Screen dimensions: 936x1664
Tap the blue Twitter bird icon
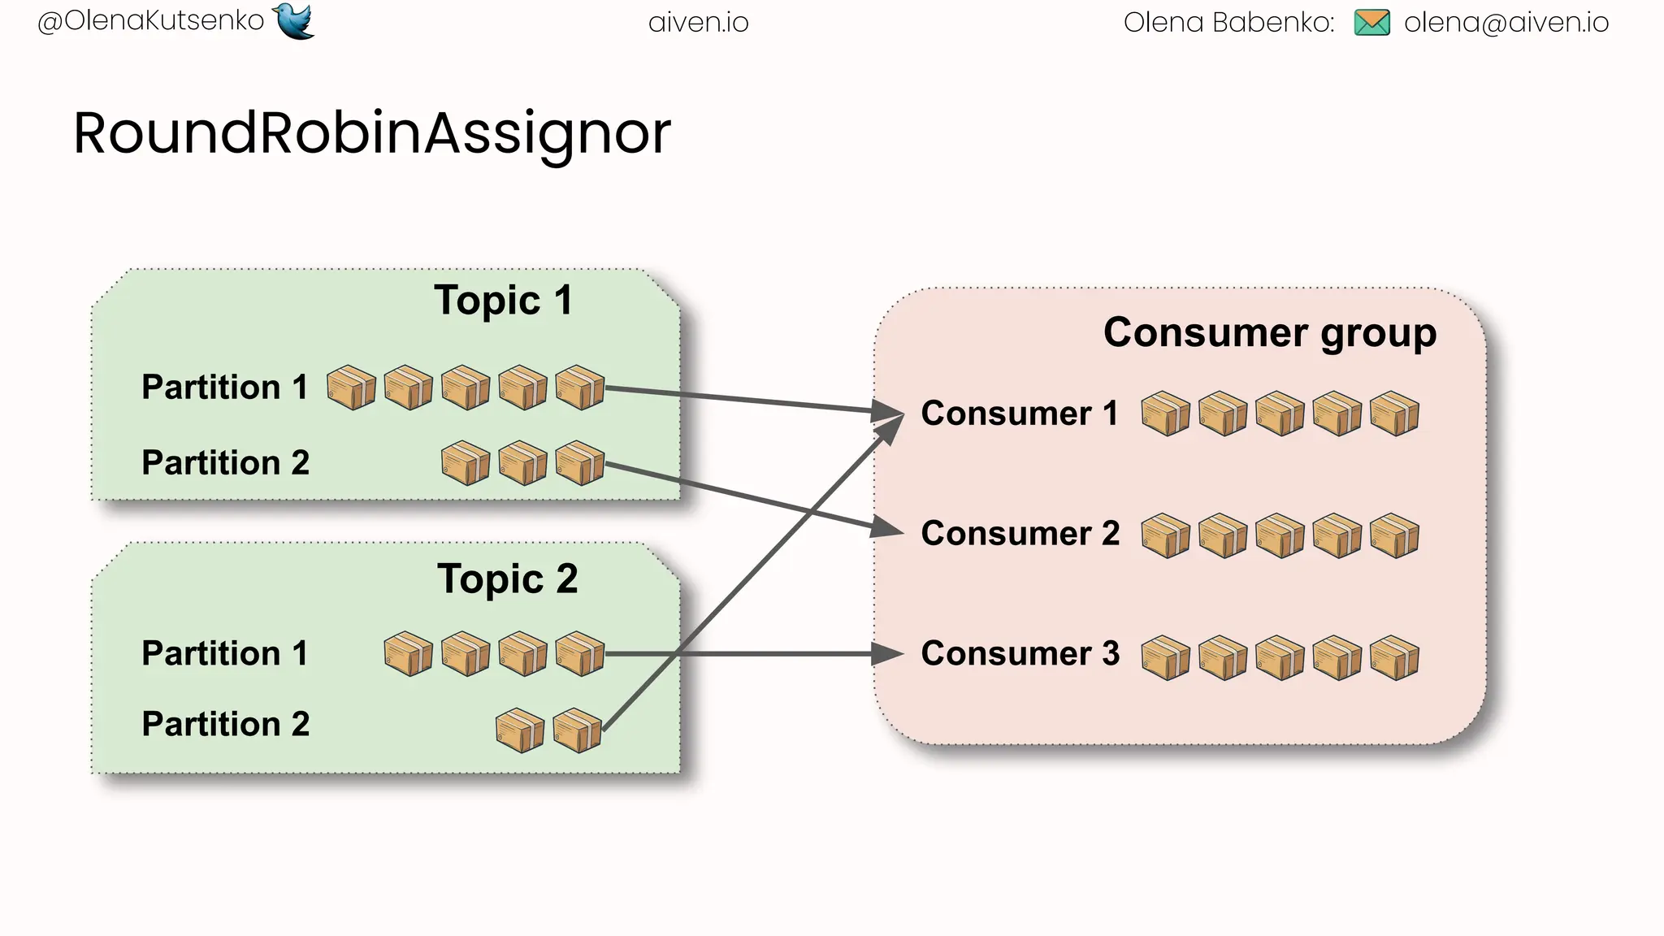[293, 20]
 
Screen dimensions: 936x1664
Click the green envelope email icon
[1372, 23]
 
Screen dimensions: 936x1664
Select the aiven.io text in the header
[699, 23]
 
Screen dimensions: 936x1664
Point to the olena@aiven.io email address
[1506, 23]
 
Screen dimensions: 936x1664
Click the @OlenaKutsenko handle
[151, 21]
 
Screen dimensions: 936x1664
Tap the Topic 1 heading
[503, 301]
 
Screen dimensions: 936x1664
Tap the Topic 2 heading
[507, 579]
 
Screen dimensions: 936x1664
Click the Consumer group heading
[1269, 332]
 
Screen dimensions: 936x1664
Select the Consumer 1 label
[1019, 414]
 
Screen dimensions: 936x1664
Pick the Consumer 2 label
[1020, 534]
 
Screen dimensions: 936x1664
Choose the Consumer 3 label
[1020, 654]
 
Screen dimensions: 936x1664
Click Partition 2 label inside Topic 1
[225, 463]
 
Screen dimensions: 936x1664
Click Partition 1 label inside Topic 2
[224, 654]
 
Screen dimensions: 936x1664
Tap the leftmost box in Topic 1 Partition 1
[351, 388]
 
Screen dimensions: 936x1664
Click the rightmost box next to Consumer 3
[1394, 657]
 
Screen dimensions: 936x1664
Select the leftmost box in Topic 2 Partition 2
[520, 730]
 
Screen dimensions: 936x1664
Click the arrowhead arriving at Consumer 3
[887, 653]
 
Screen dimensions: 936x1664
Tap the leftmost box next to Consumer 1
[1165, 414]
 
